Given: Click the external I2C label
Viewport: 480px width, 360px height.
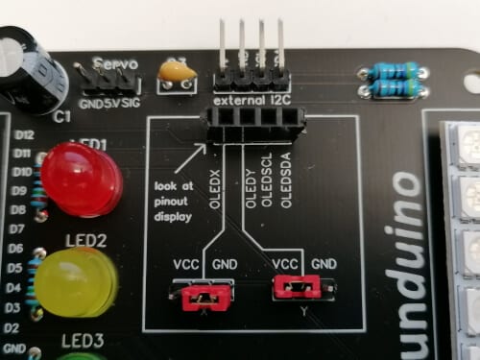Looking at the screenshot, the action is coord(251,99).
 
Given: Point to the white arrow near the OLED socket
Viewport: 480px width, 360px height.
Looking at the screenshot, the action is coord(199,149).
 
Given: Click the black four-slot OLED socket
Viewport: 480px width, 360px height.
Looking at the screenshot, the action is coord(252,124).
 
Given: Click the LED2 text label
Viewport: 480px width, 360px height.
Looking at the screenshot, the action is coord(85,239).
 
